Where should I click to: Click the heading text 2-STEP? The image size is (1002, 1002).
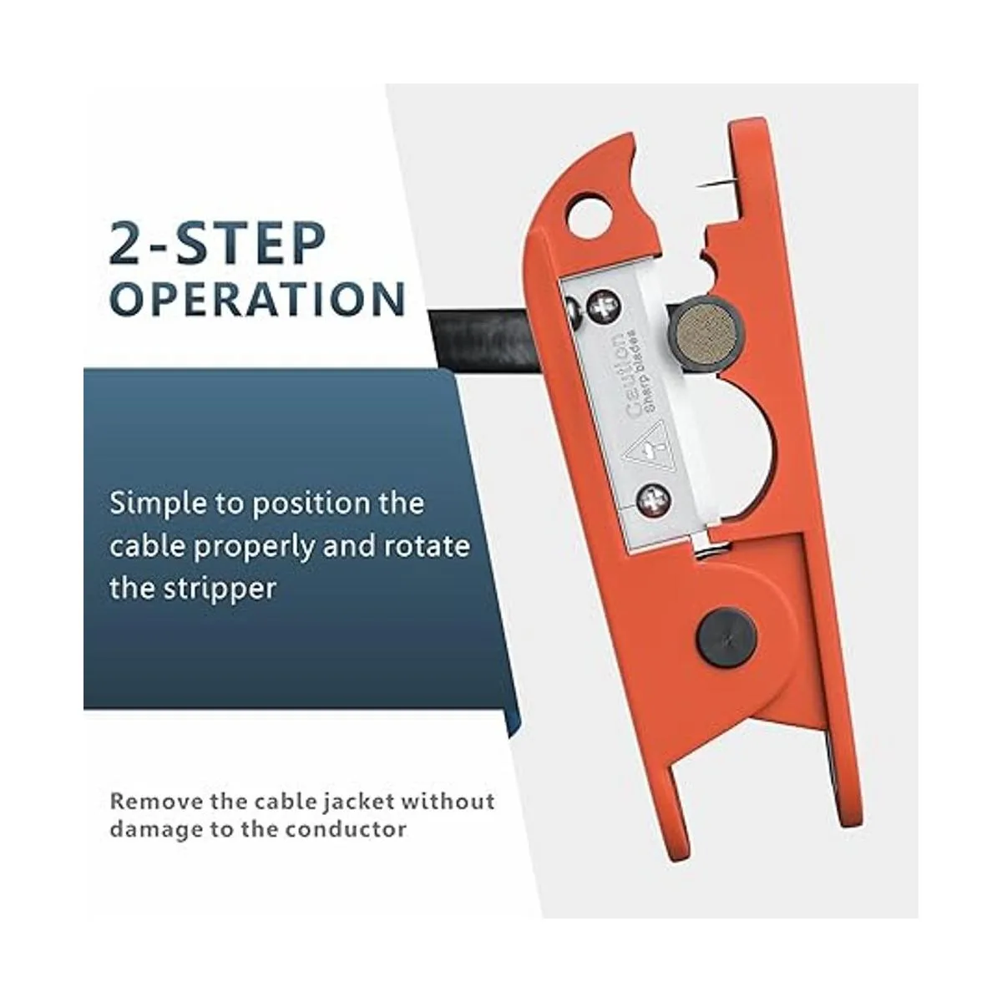(x=217, y=244)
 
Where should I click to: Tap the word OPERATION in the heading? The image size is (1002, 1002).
(x=258, y=299)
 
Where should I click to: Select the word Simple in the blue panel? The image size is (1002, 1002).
(x=155, y=505)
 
